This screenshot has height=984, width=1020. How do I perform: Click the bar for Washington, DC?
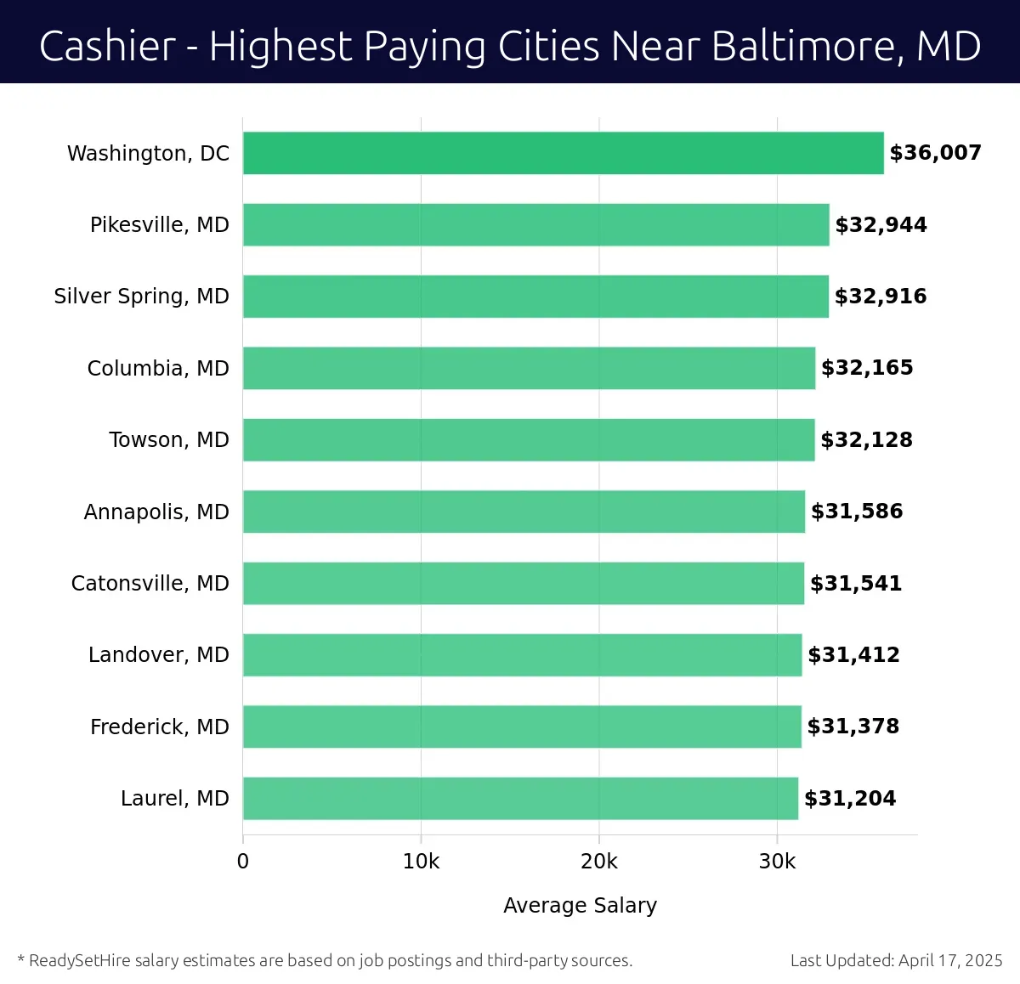(563, 153)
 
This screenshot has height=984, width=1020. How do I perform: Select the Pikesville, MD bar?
(535, 225)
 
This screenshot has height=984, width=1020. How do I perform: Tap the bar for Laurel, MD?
(520, 799)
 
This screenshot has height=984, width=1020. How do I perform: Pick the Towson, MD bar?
(529, 440)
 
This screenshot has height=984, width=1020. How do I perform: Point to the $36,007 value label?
(935, 153)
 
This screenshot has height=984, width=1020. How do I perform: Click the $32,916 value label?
(881, 297)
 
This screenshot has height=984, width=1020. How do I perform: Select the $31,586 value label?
(857, 512)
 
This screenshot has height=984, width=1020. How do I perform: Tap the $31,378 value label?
(853, 727)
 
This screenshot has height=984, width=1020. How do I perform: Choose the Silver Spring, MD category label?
(142, 297)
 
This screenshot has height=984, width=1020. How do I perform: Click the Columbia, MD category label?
(158, 369)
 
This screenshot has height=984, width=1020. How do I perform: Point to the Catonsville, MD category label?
(150, 584)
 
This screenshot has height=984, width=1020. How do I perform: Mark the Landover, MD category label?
(159, 655)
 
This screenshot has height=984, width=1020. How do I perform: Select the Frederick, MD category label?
(160, 727)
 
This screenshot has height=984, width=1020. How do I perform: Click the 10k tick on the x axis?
(421, 862)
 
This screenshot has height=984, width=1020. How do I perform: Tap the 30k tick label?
(777, 862)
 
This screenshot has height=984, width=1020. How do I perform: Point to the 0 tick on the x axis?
(243, 862)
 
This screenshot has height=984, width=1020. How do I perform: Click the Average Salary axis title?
(580, 906)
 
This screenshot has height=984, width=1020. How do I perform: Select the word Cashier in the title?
(107, 46)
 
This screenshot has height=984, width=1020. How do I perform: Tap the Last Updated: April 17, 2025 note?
(896, 961)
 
